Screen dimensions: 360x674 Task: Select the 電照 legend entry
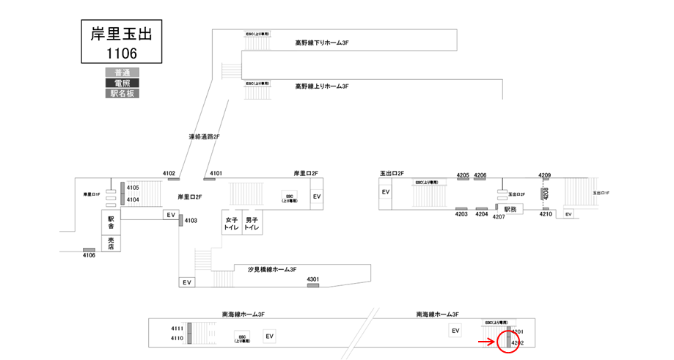point(122,83)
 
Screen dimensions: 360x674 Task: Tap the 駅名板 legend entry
point(122,93)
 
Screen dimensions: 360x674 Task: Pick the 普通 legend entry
point(122,73)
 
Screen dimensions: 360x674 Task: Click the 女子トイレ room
point(232,224)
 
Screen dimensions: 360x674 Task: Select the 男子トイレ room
point(252,224)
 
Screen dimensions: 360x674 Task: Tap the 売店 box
point(111,243)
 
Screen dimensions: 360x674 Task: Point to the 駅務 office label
point(511,209)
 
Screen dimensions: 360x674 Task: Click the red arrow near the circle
point(486,342)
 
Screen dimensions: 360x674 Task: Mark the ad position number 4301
point(312,279)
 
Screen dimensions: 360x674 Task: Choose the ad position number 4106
point(89,255)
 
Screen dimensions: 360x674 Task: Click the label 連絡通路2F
point(204,137)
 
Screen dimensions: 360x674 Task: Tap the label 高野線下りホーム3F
point(321,43)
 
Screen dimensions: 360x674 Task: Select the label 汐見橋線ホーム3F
point(272,270)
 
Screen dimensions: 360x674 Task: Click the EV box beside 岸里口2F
point(317,197)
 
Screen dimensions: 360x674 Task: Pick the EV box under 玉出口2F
point(386,192)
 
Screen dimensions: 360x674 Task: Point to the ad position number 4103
point(191,221)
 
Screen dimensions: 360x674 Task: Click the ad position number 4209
point(544,175)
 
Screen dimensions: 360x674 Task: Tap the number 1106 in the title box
point(121,53)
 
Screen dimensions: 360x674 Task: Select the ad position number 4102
point(169,173)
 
